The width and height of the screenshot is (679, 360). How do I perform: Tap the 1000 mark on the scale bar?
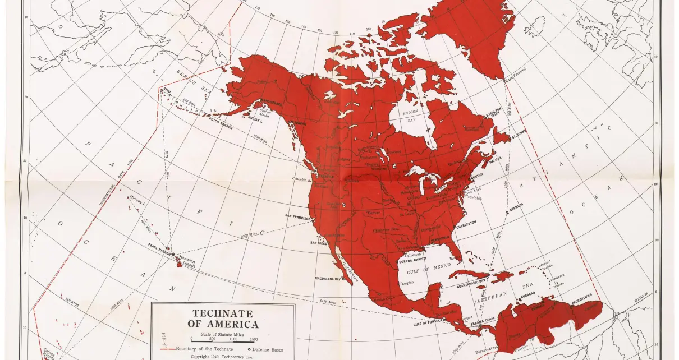click(233, 339)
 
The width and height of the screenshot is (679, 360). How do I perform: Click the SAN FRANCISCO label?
click(297, 216)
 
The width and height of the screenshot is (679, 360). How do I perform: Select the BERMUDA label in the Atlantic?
click(516, 205)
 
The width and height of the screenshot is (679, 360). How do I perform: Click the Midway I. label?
click(137, 199)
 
